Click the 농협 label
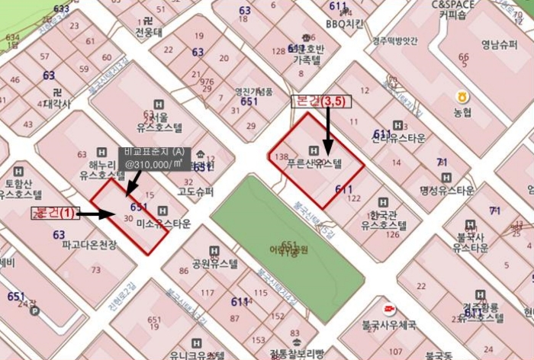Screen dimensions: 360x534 (x=463, y=112)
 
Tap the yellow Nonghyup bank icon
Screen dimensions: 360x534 (x=462, y=97)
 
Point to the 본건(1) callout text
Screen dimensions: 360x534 (x=55, y=214)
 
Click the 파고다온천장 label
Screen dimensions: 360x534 (x=90, y=245)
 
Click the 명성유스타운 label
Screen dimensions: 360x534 (x=447, y=189)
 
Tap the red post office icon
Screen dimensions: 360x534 (x=390, y=309)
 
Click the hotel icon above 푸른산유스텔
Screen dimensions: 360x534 (x=313, y=149)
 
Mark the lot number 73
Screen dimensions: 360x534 (x=96, y=271)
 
